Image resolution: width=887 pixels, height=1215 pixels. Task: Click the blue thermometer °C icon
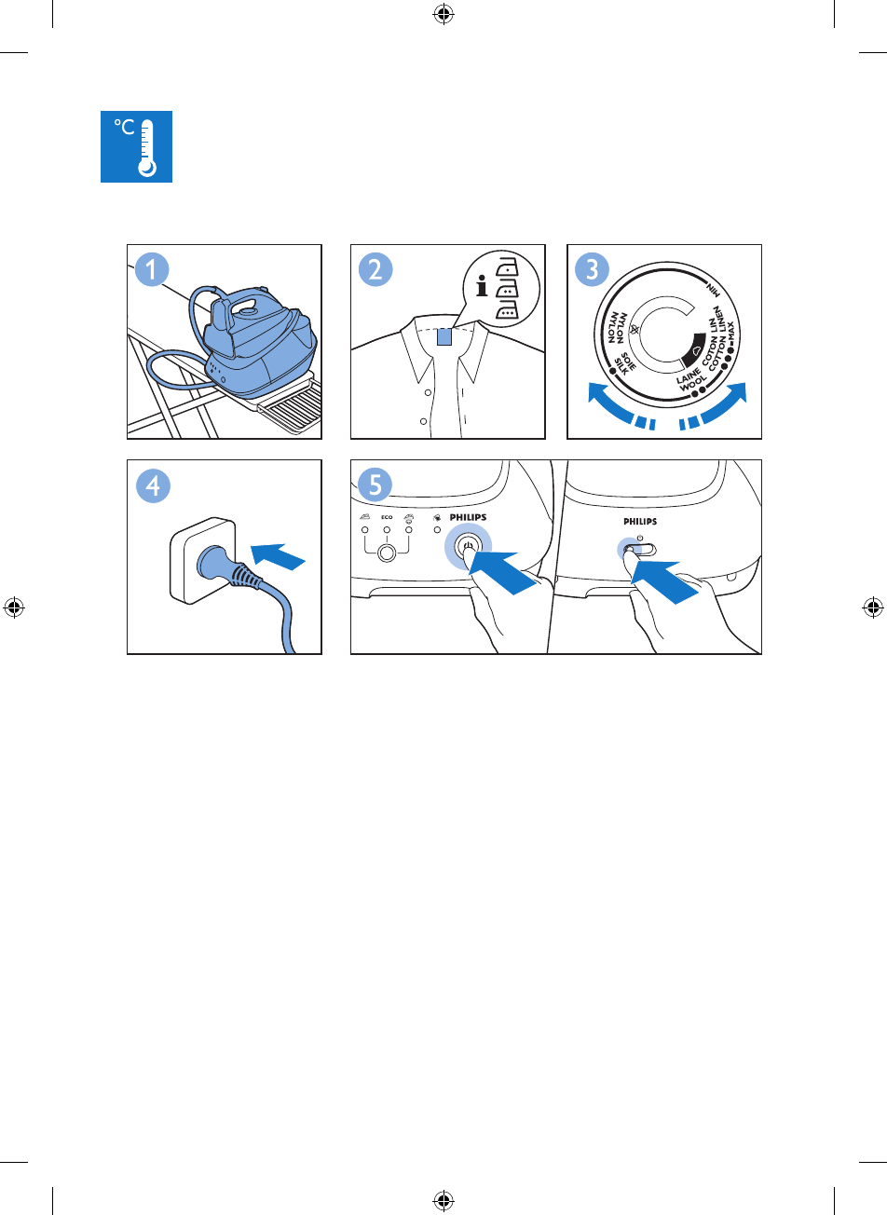(x=136, y=146)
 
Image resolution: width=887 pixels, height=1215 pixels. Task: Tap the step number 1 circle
(x=151, y=269)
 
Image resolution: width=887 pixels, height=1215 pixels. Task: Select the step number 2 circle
(x=375, y=269)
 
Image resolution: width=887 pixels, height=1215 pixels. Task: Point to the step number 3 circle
(x=592, y=269)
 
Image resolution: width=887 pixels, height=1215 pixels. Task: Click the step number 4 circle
(x=153, y=485)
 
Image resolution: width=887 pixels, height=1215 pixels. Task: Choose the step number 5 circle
(x=375, y=485)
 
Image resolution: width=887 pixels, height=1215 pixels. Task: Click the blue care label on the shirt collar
(x=444, y=336)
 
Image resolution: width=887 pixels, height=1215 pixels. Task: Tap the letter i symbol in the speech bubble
(x=481, y=286)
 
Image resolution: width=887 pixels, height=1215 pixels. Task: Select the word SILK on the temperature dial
(x=621, y=367)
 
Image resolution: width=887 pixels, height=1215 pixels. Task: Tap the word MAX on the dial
(x=730, y=333)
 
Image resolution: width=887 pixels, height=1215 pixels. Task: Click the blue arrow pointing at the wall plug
(x=278, y=556)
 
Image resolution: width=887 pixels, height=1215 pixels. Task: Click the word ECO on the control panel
(x=387, y=517)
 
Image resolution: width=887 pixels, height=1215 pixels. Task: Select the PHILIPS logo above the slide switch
(x=640, y=521)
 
